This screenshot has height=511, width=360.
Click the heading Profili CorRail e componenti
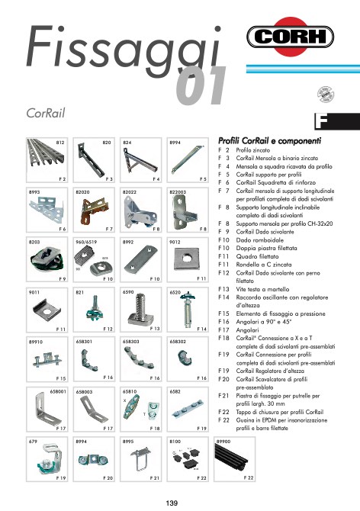click(268, 141)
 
